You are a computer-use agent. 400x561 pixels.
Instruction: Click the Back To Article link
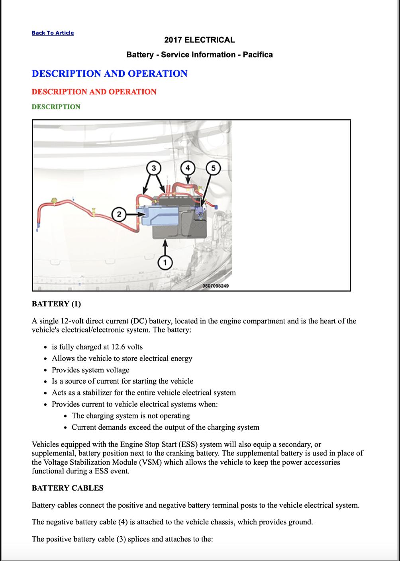click(x=53, y=33)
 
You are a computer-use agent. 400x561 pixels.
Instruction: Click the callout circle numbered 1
click(x=165, y=262)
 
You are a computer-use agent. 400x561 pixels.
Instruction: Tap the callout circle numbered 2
click(x=119, y=214)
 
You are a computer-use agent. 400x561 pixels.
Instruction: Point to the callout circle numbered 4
click(x=187, y=168)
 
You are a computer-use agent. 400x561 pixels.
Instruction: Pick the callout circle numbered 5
click(x=213, y=168)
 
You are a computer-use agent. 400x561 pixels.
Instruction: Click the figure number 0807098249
click(x=216, y=286)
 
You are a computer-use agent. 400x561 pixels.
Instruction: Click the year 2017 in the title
click(x=173, y=40)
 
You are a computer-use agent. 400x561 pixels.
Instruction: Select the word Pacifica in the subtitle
click(x=258, y=55)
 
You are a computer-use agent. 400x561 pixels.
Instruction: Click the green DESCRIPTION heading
click(x=56, y=107)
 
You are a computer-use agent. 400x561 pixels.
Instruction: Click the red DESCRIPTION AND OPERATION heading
click(x=94, y=92)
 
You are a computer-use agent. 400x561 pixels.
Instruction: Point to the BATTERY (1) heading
click(x=56, y=304)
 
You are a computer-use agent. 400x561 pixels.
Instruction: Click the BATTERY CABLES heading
click(x=67, y=488)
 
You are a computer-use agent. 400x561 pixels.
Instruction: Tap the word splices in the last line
click(x=136, y=539)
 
